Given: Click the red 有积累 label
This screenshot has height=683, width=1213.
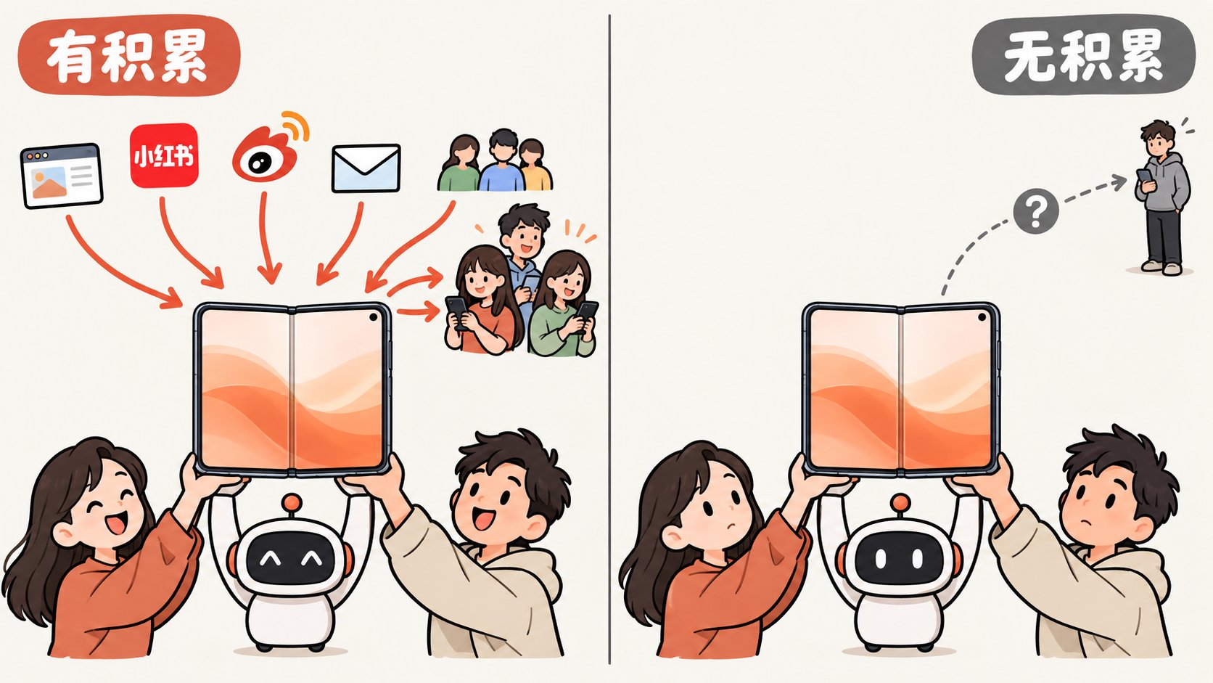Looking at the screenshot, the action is [x=129, y=55].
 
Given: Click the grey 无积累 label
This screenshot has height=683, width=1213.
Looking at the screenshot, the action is [x=1084, y=55].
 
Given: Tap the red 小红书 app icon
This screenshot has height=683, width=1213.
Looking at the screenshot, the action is [x=164, y=155].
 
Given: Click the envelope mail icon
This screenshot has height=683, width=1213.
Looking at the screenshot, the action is [x=366, y=168].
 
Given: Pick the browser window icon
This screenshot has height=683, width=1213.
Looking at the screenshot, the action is [x=61, y=176].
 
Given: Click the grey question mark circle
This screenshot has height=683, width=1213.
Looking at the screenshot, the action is [x=1035, y=210].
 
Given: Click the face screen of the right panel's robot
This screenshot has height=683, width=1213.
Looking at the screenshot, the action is [x=900, y=558].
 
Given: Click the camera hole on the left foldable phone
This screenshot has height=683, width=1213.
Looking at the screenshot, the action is [x=374, y=317].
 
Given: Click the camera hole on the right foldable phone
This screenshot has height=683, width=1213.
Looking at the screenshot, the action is [x=982, y=317].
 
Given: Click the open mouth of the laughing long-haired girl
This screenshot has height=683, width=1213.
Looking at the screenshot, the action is [x=115, y=523].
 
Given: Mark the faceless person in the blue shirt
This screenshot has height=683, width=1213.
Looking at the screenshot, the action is [x=503, y=161].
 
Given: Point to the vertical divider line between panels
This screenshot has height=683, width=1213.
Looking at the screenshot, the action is [x=609, y=339].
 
